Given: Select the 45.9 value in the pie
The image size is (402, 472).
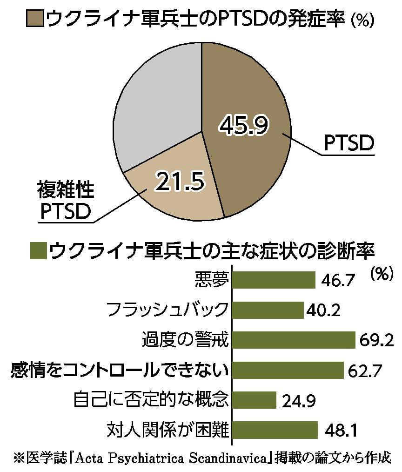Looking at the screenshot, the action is [x=244, y=124].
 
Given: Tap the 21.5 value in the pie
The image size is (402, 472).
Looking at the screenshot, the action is [x=180, y=181].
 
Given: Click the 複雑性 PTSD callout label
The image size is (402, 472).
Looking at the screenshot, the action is [x=66, y=201].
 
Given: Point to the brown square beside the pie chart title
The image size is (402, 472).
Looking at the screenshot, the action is [x=35, y=18].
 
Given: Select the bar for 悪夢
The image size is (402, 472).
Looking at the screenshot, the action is [x=274, y=280].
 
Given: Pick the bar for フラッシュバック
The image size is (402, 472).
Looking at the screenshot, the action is [x=268, y=310].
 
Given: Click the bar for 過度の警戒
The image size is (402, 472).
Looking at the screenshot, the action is [x=294, y=340].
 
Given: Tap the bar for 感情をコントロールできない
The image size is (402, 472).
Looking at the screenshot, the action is [x=288, y=370].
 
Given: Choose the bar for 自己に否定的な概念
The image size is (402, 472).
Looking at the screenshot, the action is [x=254, y=400].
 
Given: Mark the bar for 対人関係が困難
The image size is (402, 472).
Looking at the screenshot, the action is [x=275, y=430].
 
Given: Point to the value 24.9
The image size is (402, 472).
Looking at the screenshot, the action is [x=299, y=401].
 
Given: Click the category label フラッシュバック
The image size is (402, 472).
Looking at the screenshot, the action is [x=167, y=310].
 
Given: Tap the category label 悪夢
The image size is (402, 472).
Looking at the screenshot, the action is [x=212, y=280].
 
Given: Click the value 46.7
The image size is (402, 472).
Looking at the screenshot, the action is [x=338, y=281].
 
